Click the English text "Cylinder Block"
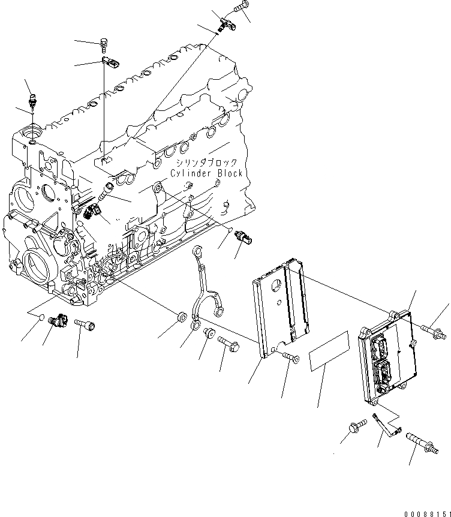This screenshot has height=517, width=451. pos(206,173)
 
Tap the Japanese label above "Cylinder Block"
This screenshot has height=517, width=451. pos(206,163)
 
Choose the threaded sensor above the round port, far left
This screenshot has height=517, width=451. pos(33,100)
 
